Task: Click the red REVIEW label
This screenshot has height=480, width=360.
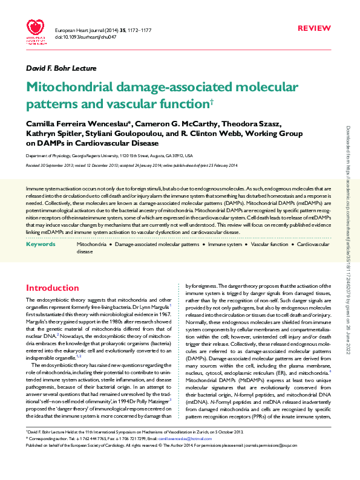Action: [x=315, y=28]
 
